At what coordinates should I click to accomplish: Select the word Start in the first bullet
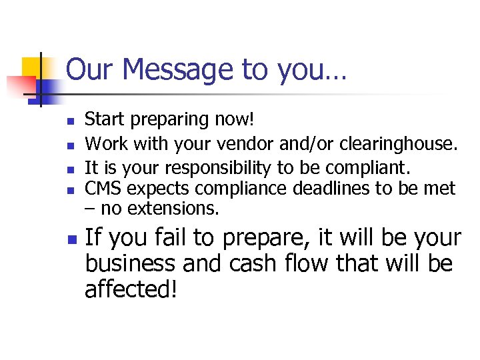[105, 120]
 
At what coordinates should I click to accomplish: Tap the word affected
[129, 290]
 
